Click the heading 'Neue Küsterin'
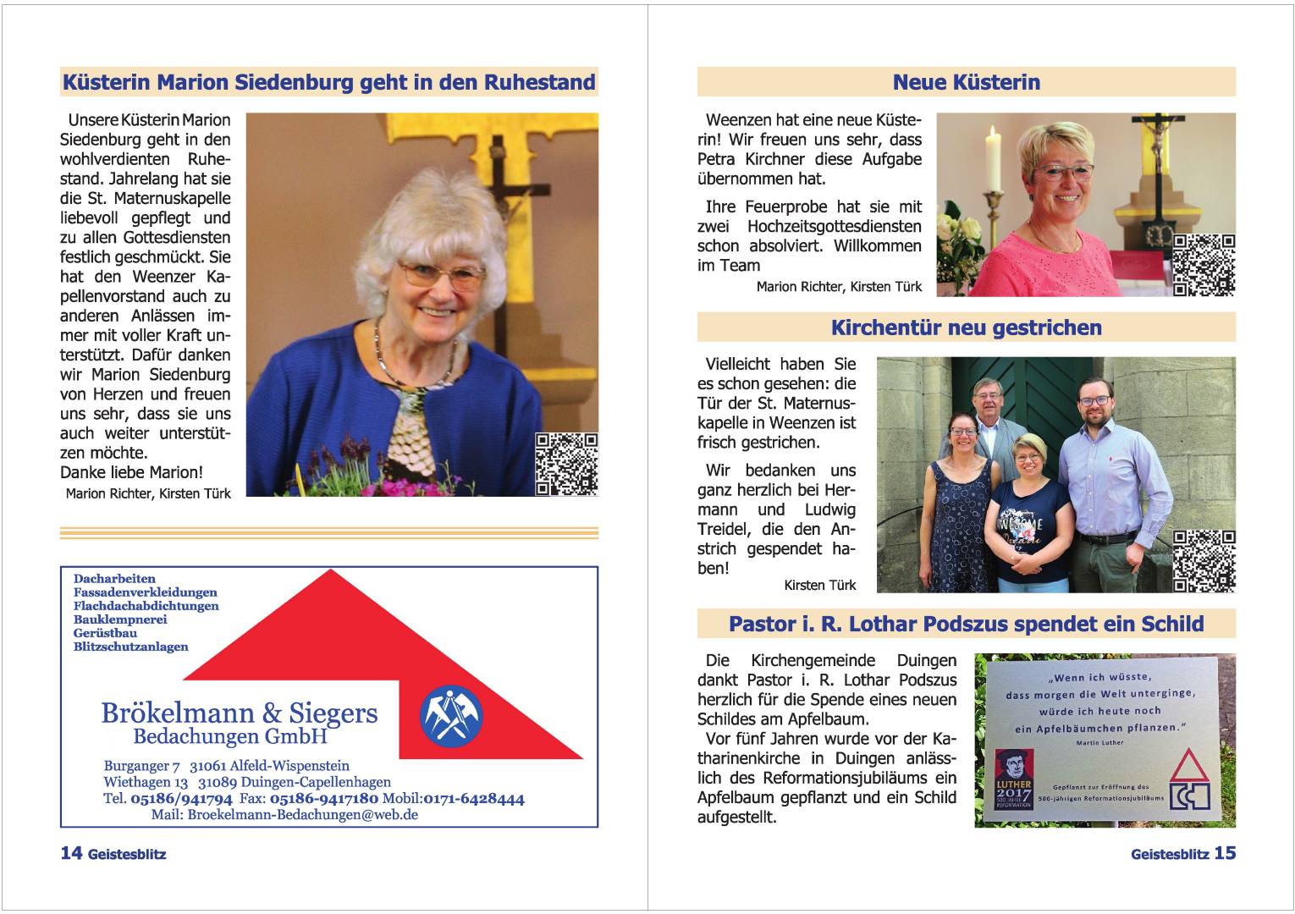[x=966, y=82]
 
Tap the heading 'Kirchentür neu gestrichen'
[x=966, y=328]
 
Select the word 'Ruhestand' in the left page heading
[x=539, y=82]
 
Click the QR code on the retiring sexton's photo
[x=567, y=464]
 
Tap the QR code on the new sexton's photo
[x=1204, y=265]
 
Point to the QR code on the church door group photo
[x=1204, y=560]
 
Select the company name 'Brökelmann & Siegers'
[x=240, y=713]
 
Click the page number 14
[x=70, y=853]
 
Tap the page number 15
[x=1225, y=853]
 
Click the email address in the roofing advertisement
[x=302, y=815]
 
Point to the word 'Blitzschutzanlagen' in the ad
[x=131, y=647]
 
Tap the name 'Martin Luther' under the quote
[x=1100, y=742]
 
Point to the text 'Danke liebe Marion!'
[x=131, y=472]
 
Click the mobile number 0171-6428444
[x=474, y=798]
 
